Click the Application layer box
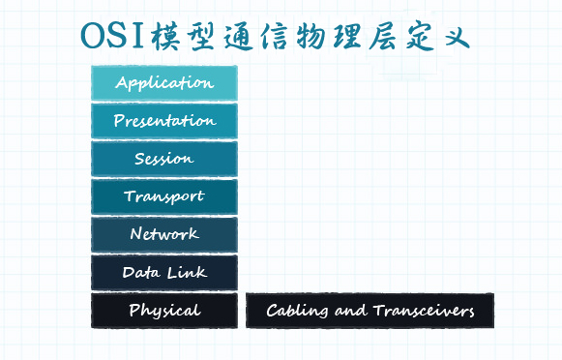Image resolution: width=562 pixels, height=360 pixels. tap(163, 82)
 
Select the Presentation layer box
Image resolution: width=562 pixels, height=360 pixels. tap(163, 121)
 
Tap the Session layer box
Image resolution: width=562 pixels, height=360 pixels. tap(163, 159)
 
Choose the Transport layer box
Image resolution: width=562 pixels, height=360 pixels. tap(163, 196)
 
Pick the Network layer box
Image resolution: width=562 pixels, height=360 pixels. tap(163, 234)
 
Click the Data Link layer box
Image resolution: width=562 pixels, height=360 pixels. tap(163, 273)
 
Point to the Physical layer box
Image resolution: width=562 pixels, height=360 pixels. tap(163, 311)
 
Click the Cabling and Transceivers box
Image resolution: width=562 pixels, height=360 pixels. tap(370, 311)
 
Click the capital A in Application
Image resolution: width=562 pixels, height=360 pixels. tap(121, 82)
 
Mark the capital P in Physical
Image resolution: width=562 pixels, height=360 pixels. tap(133, 311)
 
